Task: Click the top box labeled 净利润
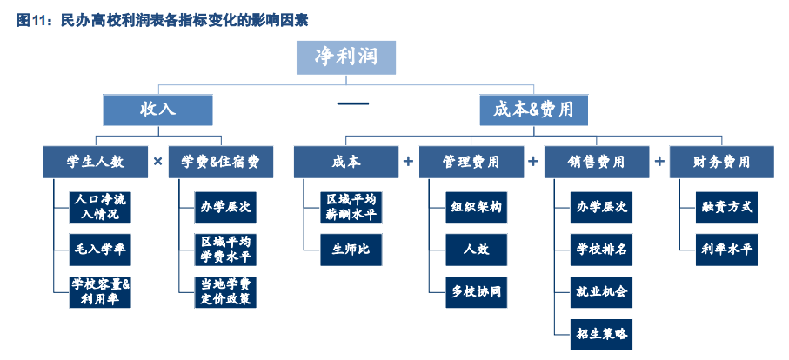click(345, 57)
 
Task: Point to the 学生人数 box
click(95, 162)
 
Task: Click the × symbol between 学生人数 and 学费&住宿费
click(157, 162)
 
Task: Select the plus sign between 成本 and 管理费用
click(408, 162)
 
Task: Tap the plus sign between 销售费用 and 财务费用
click(659, 162)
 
